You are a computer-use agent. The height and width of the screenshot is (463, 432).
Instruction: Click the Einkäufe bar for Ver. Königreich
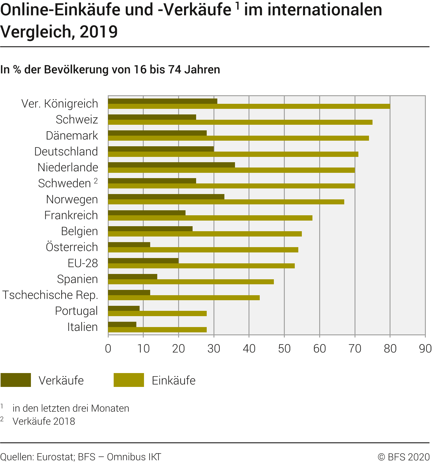pos(249,106)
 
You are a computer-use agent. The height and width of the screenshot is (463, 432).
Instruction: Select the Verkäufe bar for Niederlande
pos(171,165)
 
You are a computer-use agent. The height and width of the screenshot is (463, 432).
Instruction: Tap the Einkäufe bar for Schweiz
pos(240,122)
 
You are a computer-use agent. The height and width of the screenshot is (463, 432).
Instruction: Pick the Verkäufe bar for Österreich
pos(129,244)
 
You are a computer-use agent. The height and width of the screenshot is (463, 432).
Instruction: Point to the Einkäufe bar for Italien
pos(157,330)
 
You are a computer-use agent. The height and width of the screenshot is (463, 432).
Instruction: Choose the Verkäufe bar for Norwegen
pos(166,197)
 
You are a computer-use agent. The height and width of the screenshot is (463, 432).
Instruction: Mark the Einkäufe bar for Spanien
pos(191,282)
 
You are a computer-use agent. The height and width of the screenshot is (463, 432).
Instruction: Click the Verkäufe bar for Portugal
pos(124,308)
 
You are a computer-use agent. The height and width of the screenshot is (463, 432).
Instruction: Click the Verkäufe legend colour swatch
pos(16,380)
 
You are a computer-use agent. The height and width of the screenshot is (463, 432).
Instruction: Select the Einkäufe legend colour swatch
pos(129,380)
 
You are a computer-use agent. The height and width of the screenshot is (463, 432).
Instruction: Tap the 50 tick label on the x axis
pos(284,349)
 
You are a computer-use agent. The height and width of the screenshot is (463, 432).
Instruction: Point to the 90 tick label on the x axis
pos(425,349)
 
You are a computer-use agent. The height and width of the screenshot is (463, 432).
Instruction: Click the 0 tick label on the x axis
pos(108,349)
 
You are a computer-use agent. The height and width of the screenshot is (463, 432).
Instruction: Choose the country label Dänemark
pos(72,136)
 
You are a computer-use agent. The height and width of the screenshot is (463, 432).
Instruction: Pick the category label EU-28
pos(83,263)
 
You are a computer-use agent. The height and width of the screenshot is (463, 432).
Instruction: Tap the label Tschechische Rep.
pos(50,295)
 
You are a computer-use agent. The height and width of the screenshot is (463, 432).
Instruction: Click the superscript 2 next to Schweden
pos(96,181)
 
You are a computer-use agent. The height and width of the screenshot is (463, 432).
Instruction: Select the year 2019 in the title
pos(99,32)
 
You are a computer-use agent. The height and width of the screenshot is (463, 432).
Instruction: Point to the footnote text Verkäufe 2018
pos(44,421)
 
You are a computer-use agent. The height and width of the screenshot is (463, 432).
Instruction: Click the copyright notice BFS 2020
pos(404,457)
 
